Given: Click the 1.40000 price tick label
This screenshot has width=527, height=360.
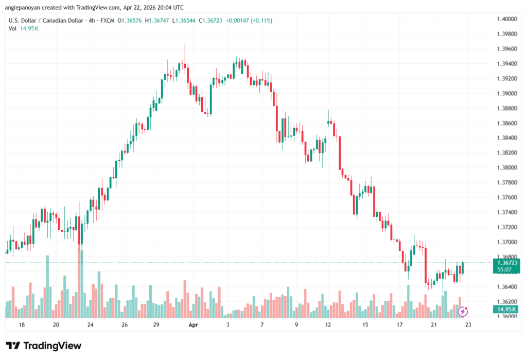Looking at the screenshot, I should (x=506, y=19).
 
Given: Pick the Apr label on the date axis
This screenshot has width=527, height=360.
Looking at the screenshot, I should (x=193, y=325).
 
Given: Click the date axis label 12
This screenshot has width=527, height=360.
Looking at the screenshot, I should (x=330, y=325).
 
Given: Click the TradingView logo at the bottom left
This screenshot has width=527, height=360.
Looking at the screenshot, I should (x=44, y=346).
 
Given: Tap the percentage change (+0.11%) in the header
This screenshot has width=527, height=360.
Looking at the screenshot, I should (x=260, y=21).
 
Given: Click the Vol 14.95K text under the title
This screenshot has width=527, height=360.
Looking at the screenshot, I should (x=24, y=28).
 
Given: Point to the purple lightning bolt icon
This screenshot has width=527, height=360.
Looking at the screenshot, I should (x=463, y=311).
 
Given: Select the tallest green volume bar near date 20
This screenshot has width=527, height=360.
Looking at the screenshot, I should (x=47, y=286).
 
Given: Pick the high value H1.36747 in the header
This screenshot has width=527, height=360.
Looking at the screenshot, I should (x=158, y=21).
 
